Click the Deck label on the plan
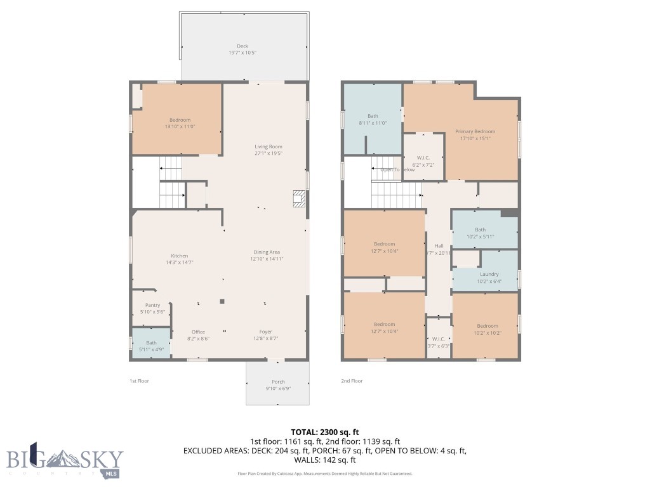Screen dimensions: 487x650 tap(242, 46)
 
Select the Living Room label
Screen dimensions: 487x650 tap(269, 146)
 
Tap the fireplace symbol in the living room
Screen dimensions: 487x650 tap(298, 198)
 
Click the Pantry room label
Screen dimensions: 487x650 tap(152, 305)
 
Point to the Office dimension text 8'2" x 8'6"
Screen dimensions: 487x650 tap(198, 339)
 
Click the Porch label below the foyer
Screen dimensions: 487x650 tap(278, 382)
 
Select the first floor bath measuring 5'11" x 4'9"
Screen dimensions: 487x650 tap(151, 346)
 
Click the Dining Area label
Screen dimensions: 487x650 tap(267, 252)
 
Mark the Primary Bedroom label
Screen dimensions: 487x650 tap(475, 131)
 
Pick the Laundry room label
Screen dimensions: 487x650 tap(488, 274)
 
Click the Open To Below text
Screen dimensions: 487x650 tap(397, 170)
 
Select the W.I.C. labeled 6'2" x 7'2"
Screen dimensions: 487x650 tap(425, 161)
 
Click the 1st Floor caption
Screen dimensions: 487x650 tap(139, 381)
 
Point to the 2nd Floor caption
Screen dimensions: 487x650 tap(352, 381)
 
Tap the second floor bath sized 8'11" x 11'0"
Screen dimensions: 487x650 tap(373, 119)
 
